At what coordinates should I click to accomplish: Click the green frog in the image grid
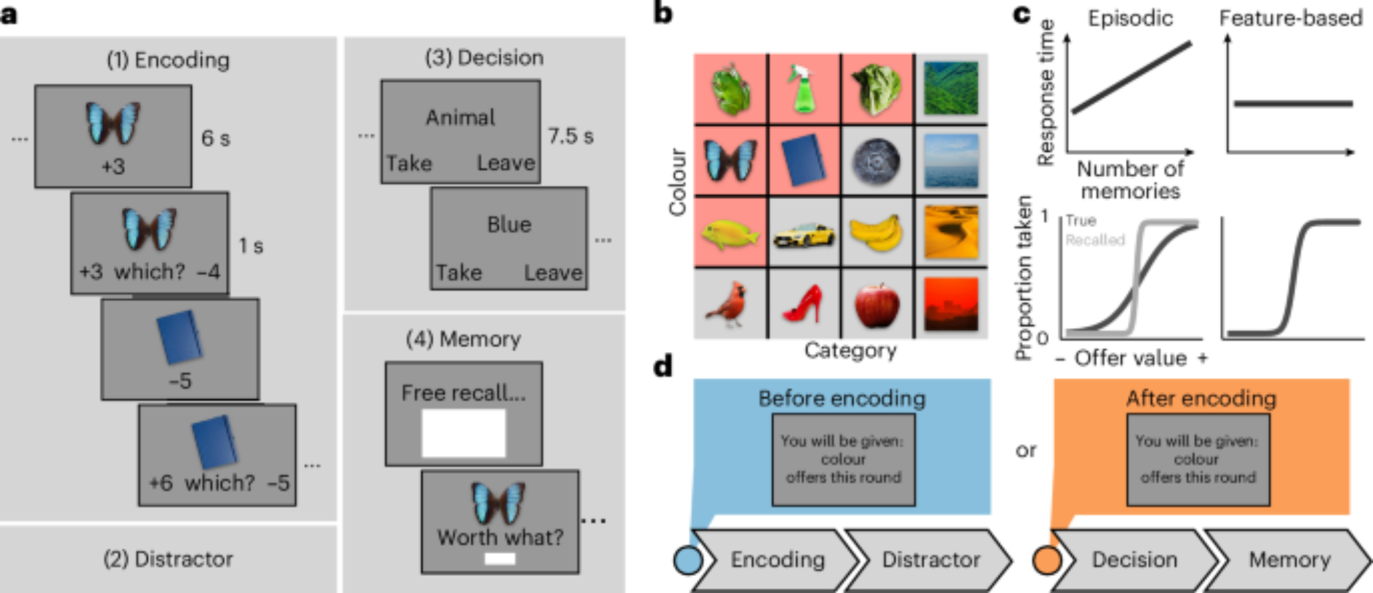(730, 89)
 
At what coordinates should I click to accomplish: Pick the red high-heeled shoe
(803, 304)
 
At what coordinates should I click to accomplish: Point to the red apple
(877, 304)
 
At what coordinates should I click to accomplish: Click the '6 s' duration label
(216, 139)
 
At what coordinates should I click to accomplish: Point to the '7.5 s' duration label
(570, 136)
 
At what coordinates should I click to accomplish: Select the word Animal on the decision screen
(460, 118)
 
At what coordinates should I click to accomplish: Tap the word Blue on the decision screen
(509, 225)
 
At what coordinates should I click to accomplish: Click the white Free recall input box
(463, 433)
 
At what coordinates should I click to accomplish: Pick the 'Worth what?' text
(500, 537)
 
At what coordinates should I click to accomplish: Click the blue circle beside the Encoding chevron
(688, 559)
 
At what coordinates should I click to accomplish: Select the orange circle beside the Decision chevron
(1047, 559)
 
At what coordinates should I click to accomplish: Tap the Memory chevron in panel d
(1289, 560)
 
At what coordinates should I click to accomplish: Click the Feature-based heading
(1291, 19)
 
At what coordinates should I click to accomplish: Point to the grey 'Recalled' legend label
(1095, 240)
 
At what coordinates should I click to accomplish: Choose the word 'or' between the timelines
(1026, 450)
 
